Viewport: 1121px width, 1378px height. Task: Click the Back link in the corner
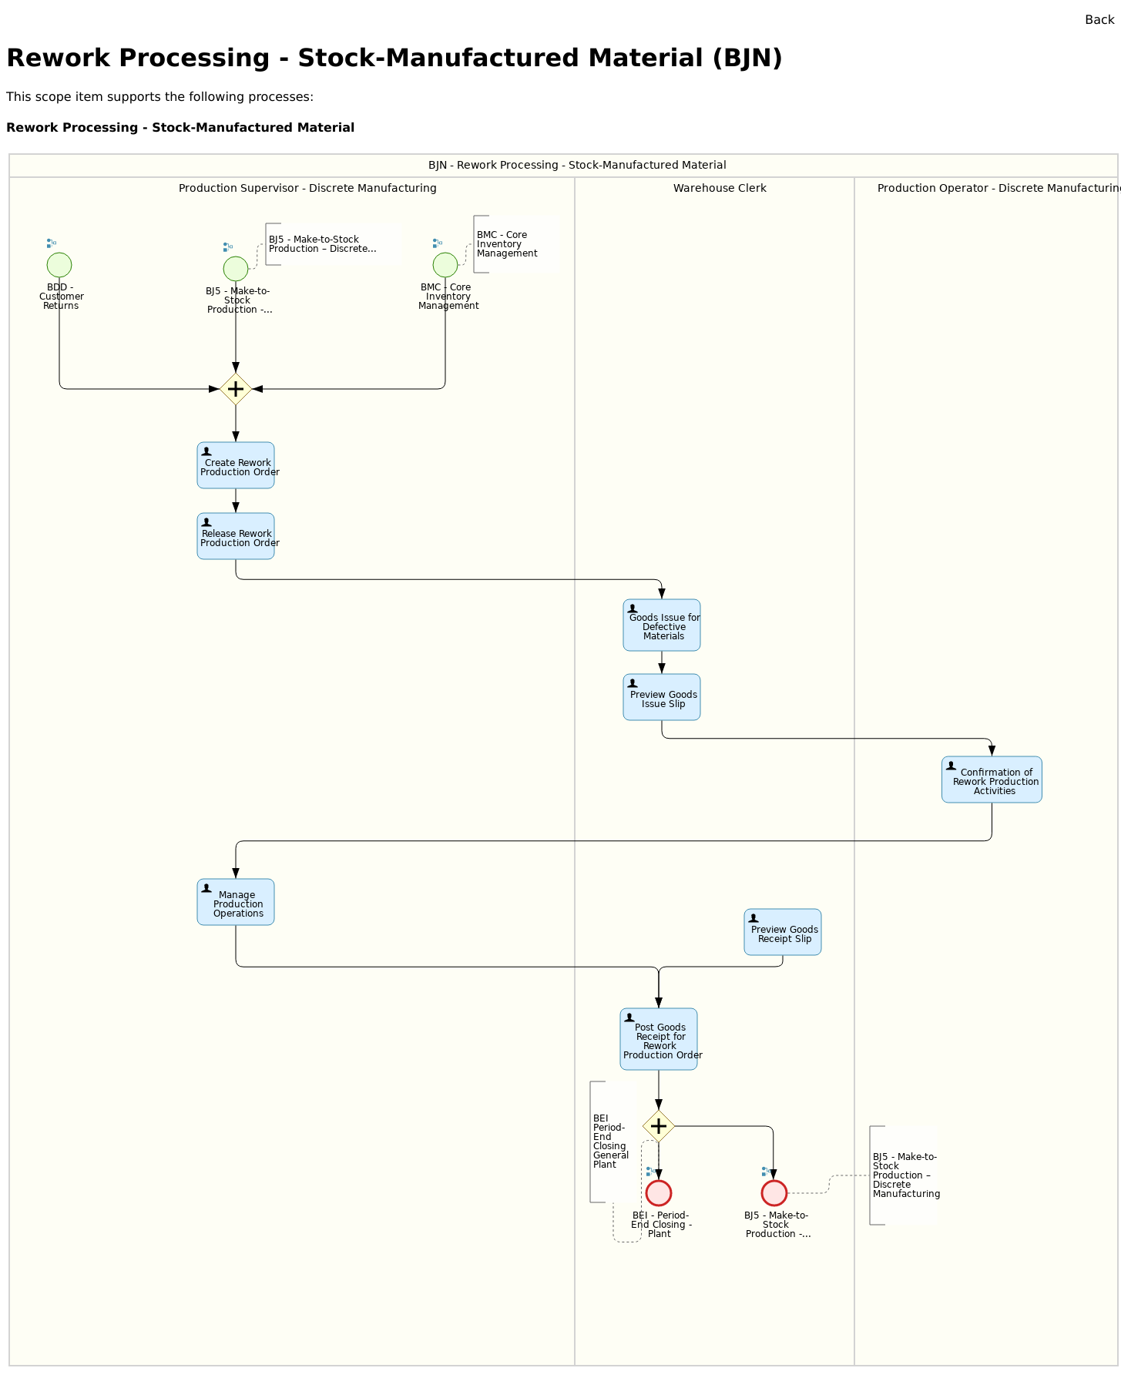tap(1099, 20)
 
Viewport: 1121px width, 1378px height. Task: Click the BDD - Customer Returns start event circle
tap(59, 265)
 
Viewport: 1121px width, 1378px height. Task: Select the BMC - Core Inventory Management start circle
tap(445, 265)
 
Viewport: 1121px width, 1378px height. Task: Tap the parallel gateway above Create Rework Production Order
tap(236, 389)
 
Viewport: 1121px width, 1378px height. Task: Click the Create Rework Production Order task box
tap(236, 465)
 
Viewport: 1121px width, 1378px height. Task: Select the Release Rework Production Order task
tap(236, 536)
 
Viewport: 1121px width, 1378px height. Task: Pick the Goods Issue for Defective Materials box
tap(662, 625)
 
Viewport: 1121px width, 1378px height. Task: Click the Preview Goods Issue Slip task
tap(662, 698)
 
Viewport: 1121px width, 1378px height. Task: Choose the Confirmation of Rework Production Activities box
tap(992, 780)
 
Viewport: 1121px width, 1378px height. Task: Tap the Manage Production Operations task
tap(236, 902)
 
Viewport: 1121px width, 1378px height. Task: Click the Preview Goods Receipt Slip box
tap(783, 933)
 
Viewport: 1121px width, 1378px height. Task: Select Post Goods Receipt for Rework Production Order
tap(659, 1039)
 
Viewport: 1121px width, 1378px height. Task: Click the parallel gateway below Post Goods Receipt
tap(659, 1126)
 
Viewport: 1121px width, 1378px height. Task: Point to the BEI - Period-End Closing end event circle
tap(659, 1193)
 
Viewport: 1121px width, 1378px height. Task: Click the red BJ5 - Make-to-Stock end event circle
tap(774, 1193)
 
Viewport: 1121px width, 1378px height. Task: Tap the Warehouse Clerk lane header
tap(720, 188)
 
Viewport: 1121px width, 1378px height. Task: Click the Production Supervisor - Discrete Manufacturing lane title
tap(307, 188)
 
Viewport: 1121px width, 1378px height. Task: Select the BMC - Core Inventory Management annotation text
tap(506, 244)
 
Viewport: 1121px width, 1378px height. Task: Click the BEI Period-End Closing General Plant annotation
tap(610, 1142)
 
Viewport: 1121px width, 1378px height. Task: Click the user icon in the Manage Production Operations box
tap(206, 888)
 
